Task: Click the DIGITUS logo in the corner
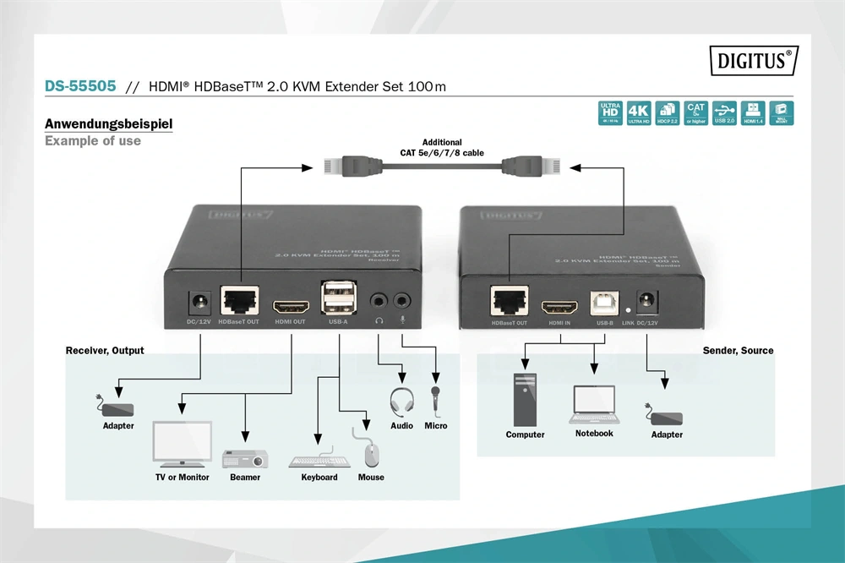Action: tap(753, 61)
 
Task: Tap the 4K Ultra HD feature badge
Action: tap(639, 113)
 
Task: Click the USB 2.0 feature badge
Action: tap(724, 113)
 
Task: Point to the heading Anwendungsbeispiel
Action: tap(108, 124)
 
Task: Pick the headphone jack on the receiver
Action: tap(378, 300)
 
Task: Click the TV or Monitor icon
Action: tap(181, 445)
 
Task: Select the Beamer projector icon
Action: tap(245, 460)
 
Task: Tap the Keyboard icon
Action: tap(319, 462)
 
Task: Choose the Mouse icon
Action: tap(371, 455)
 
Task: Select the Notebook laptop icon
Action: tap(595, 405)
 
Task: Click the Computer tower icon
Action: tap(525, 399)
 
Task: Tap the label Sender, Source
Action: tap(738, 351)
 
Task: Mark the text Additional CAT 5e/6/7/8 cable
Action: tap(442, 148)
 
